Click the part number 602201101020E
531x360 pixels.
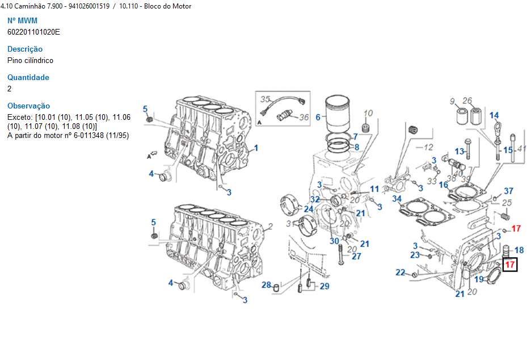33,32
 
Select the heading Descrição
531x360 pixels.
25,49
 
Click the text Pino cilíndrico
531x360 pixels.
31,60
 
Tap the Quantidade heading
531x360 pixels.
28,77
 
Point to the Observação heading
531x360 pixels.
28,106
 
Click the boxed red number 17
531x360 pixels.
510,264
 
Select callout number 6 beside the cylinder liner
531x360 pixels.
318,118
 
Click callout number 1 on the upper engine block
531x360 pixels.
256,148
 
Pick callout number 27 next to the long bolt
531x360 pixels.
356,256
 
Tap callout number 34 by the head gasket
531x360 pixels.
397,199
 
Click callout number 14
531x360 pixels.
494,116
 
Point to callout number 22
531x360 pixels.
401,273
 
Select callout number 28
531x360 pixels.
266,284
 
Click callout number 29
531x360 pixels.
324,286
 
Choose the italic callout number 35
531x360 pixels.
265,99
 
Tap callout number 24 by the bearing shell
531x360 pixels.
309,210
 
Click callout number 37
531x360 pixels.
509,191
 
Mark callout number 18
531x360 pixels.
519,250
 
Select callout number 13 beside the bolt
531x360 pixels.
459,151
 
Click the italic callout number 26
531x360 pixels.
467,101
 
